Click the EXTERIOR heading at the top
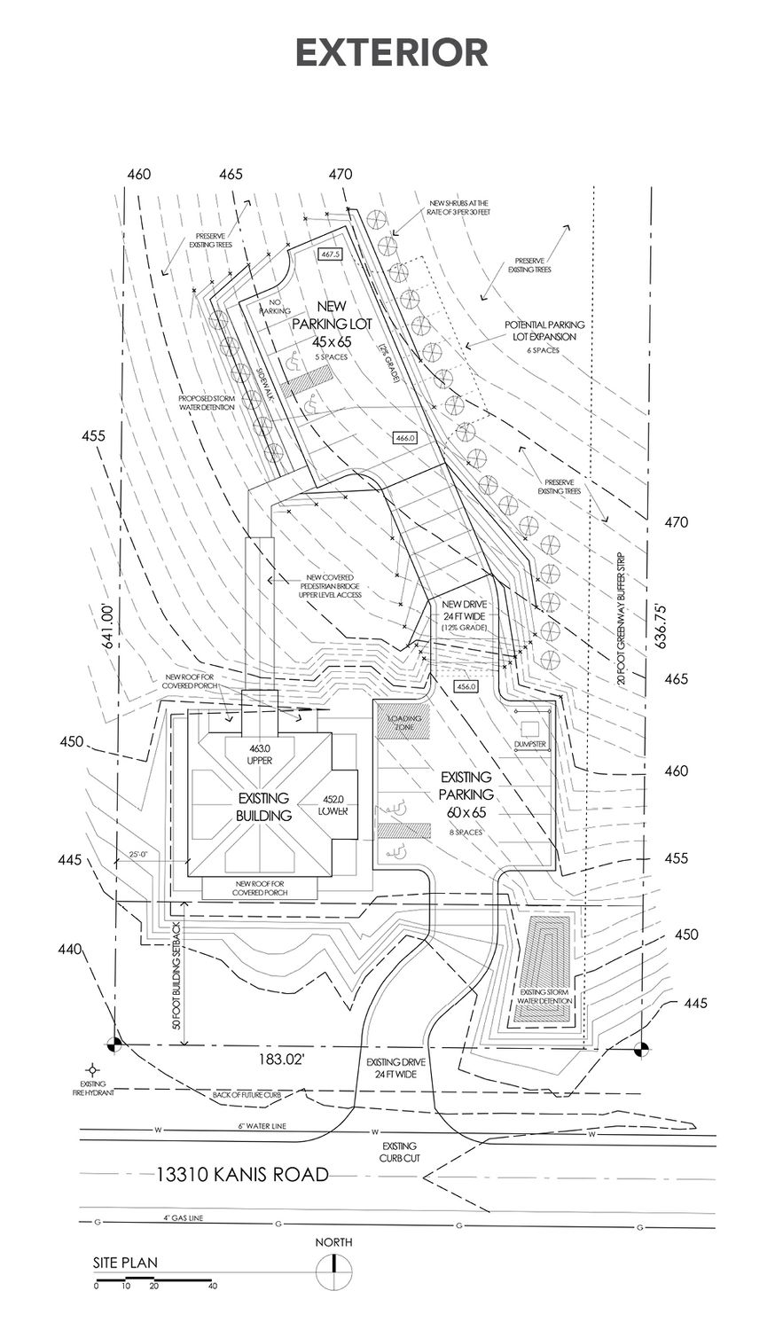pyautogui.click(x=391, y=52)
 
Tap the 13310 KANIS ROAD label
pyautogui.click(x=242, y=1175)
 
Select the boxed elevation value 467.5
pyautogui.click(x=331, y=254)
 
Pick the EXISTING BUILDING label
pyautogui.click(x=263, y=807)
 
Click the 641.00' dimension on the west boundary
pyautogui.click(x=109, y=628)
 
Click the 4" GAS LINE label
pyautogui.click(x=184, y=1218)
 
